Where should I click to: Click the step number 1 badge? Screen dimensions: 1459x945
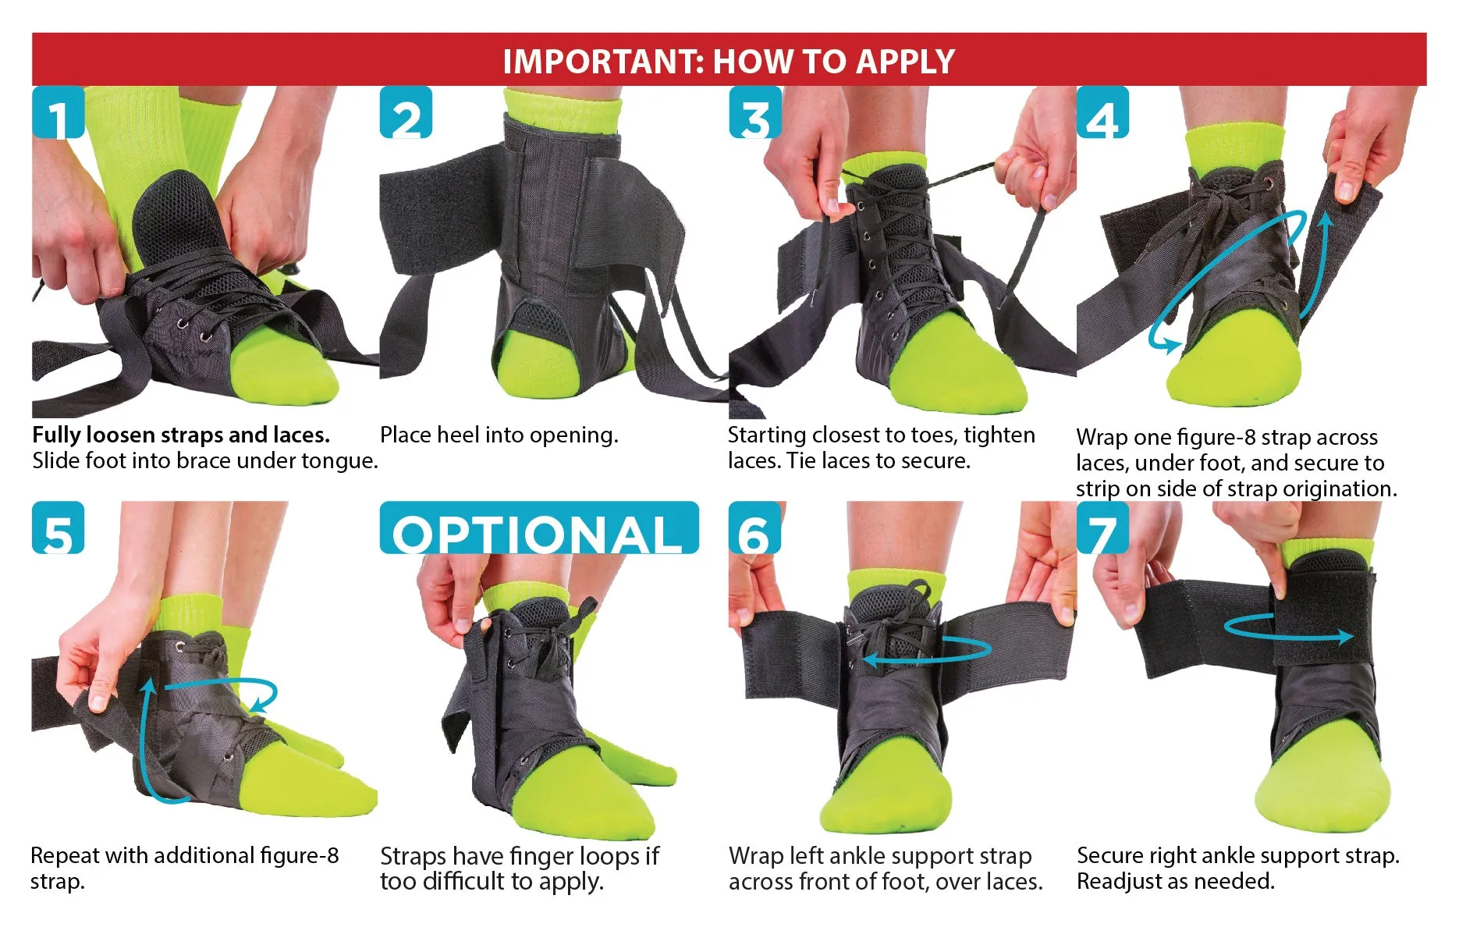pos(58,112)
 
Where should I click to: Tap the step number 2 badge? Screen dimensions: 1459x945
pos(406,112)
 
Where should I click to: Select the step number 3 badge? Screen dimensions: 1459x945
pos(754,112)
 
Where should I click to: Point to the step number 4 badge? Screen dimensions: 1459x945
pos(1102,112)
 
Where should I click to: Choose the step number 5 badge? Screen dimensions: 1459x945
pos(58,528)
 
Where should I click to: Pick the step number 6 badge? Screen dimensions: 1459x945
pos(754,528)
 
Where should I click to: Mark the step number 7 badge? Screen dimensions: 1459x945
pos(1102,528)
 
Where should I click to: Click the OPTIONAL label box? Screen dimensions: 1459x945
pos(539,528)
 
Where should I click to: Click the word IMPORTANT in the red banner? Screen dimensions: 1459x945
pos(604,61)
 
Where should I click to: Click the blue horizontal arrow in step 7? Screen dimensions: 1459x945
pos(1288,637)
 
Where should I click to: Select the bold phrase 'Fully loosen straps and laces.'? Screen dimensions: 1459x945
pos(181,435)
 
